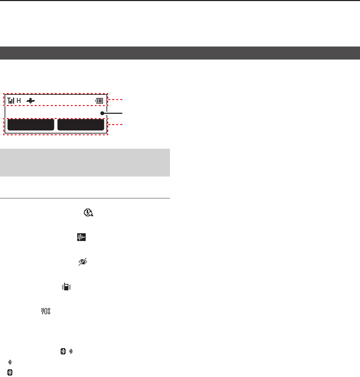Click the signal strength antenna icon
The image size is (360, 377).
(11, 100)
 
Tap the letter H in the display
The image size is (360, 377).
(19, 100)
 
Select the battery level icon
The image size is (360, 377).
(99, 101)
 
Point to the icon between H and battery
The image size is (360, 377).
(31, 101)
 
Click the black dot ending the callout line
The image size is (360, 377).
(102, 113)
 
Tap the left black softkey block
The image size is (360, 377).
(31, 125)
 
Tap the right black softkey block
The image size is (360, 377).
(81, 125)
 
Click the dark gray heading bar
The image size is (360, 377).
(180, 53)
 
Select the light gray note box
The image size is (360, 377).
(85, 162)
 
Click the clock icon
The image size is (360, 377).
(88, 212)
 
